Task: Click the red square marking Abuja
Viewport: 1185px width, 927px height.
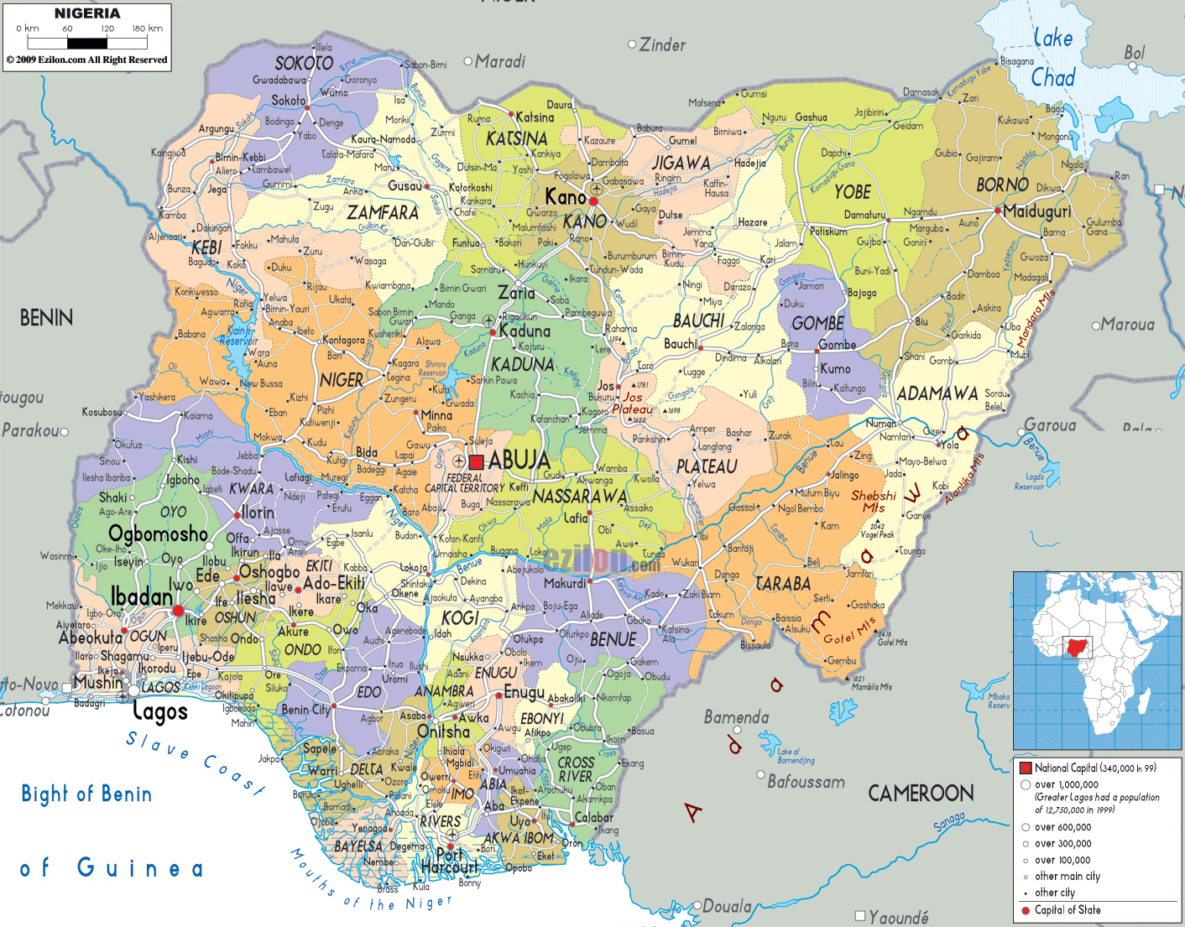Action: (476, 462)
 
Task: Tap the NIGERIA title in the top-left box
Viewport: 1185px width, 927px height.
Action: (87, 13)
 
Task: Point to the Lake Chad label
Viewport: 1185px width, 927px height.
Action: (1052, 58)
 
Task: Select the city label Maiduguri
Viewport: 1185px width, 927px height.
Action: (1037, 211)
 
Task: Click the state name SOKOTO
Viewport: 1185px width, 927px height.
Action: (304, 63)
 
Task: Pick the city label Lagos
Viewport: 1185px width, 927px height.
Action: (159, 712)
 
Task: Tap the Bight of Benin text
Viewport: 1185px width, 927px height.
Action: (86, 794)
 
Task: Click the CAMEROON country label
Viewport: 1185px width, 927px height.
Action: (921, 793)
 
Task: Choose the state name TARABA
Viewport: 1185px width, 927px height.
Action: (782, 584)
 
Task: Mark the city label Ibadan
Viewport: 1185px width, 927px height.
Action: (141, 596)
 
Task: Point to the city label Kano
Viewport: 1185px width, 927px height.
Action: (565, 197)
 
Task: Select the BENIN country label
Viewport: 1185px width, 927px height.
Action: (46, 318)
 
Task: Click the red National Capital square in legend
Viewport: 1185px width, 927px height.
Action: (1025, 768)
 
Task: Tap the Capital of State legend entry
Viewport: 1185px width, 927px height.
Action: (1067, 910)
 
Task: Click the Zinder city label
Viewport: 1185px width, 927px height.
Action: (662, 45)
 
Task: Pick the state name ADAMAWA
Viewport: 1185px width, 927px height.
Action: (937, 393)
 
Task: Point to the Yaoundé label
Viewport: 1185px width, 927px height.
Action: (898, 917)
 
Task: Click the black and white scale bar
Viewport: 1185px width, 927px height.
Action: (87, 43)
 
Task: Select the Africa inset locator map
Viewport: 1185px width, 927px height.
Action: (1097, 661)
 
